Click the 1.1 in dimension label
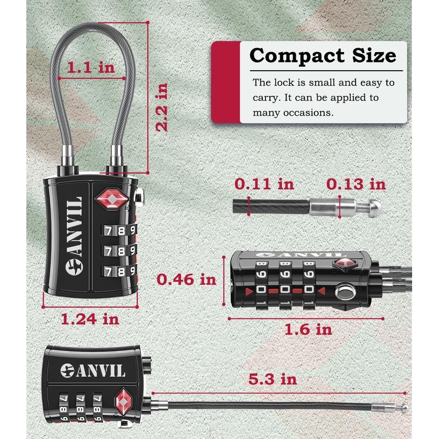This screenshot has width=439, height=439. point(91,68)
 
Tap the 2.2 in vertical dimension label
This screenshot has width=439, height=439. point(161,106)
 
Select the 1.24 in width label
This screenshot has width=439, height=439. point(91,318)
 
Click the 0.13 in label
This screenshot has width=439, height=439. point(356,184)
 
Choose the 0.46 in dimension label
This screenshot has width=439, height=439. point(187,279)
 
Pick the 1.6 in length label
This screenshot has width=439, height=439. point(308,329)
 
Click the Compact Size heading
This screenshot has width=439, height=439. point(323,56)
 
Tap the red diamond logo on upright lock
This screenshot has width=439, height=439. point(112,199)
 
